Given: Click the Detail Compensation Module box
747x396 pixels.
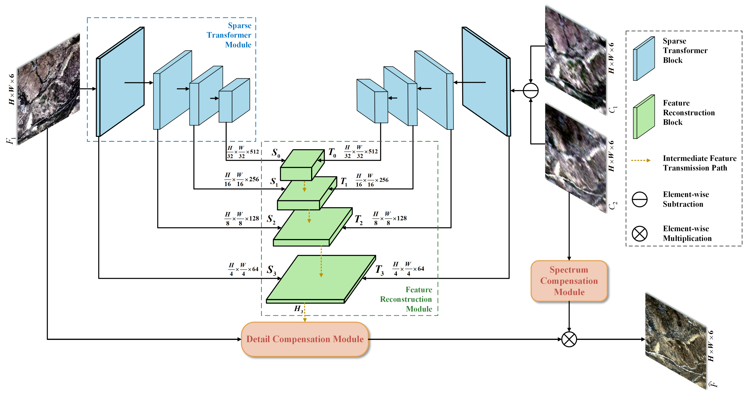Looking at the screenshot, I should click(x=305, y=339).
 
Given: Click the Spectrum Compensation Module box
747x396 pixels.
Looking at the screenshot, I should click(x=569, y=281).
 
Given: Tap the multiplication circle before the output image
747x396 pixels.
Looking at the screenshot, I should click(x=569, y=339).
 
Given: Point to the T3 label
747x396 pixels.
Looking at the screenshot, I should click(x=379, y=270).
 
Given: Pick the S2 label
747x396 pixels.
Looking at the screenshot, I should click(x=271, y=219).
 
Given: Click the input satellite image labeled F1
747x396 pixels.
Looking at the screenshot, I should click(x=48, y=89).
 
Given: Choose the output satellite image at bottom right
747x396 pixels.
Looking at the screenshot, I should click(x=676, y=341).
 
